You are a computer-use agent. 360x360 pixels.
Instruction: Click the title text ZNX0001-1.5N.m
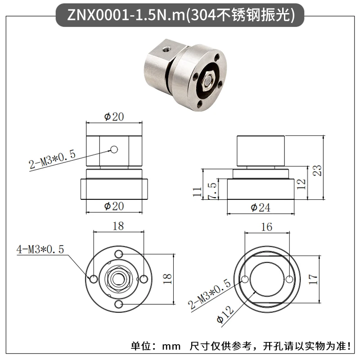tap(126, 16)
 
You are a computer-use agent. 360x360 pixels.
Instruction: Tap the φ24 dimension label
tap(261, 208)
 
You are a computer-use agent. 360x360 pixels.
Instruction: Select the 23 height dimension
tap(317, 171)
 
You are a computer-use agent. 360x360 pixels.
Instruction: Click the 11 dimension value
tap(197, 192)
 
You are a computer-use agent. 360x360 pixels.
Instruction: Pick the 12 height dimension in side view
tap(301, 184)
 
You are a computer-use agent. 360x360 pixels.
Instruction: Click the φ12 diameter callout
tap(225, 315)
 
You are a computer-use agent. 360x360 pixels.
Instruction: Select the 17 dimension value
tap(313, 279)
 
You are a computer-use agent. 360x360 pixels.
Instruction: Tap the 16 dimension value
tap(266, 227)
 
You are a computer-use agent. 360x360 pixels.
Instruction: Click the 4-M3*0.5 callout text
tap(40, 249)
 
